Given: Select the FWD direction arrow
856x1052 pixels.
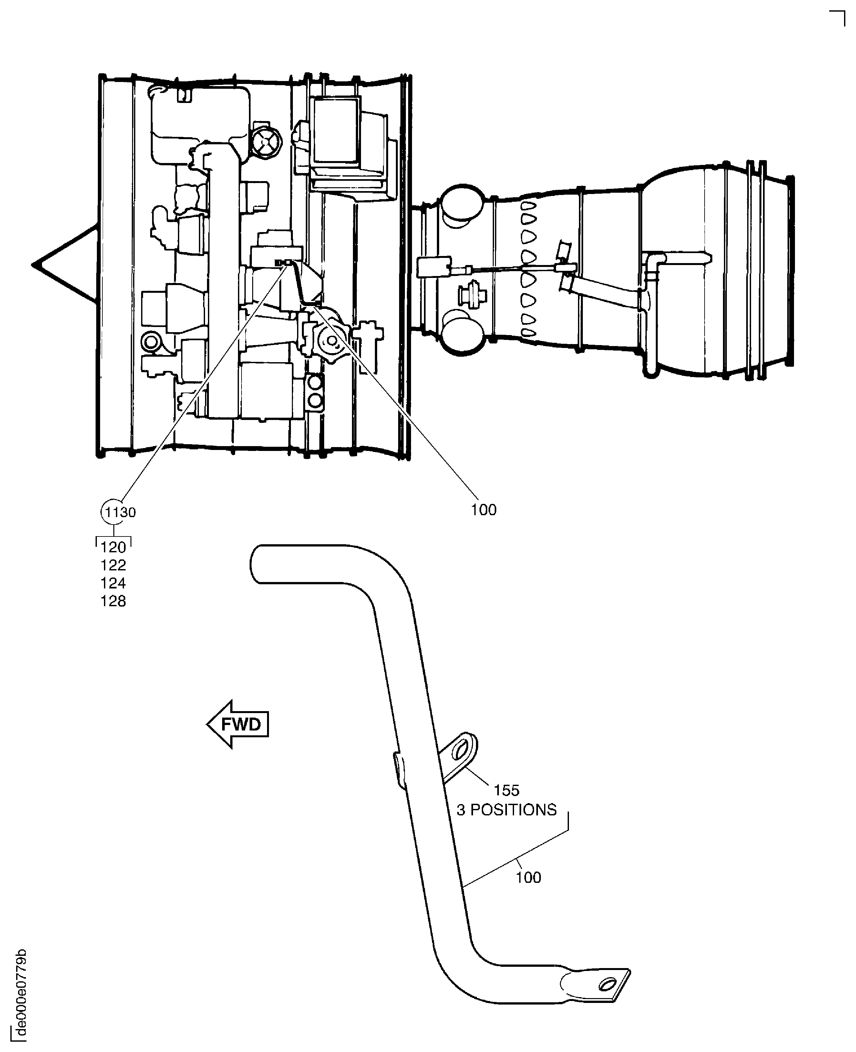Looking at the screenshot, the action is pos(238,724).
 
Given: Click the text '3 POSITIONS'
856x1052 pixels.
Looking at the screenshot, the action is pos(506,810).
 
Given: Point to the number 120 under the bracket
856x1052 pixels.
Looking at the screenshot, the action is pos(113,547).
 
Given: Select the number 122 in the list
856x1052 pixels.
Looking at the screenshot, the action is pos(113,565).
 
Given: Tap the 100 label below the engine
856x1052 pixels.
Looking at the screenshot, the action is pos(483,510).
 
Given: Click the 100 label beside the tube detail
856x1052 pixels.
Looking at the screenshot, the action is pos(528,877).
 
